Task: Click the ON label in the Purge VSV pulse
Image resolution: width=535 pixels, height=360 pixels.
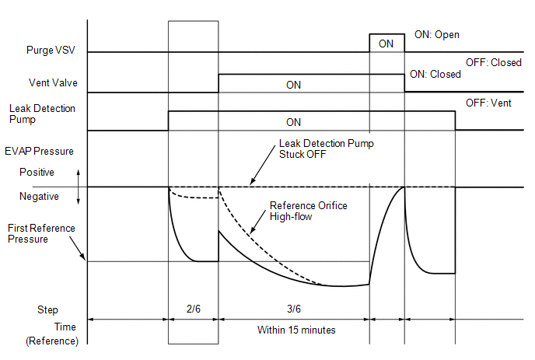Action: [x=386, y=44]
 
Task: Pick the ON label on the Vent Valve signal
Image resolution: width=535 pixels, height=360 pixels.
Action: [x=293, y=85]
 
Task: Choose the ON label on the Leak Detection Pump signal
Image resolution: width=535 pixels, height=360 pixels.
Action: [x=293, y=122]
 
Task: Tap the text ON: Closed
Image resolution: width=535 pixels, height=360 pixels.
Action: [x=435, y=75]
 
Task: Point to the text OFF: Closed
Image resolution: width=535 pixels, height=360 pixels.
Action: [x=492, y=62]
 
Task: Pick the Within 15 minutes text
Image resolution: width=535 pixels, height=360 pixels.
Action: [x=296, y=330]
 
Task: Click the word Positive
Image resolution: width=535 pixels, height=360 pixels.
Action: [x=38, y=172]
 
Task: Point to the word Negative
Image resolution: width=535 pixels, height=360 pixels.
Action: [x=39, y=197]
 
